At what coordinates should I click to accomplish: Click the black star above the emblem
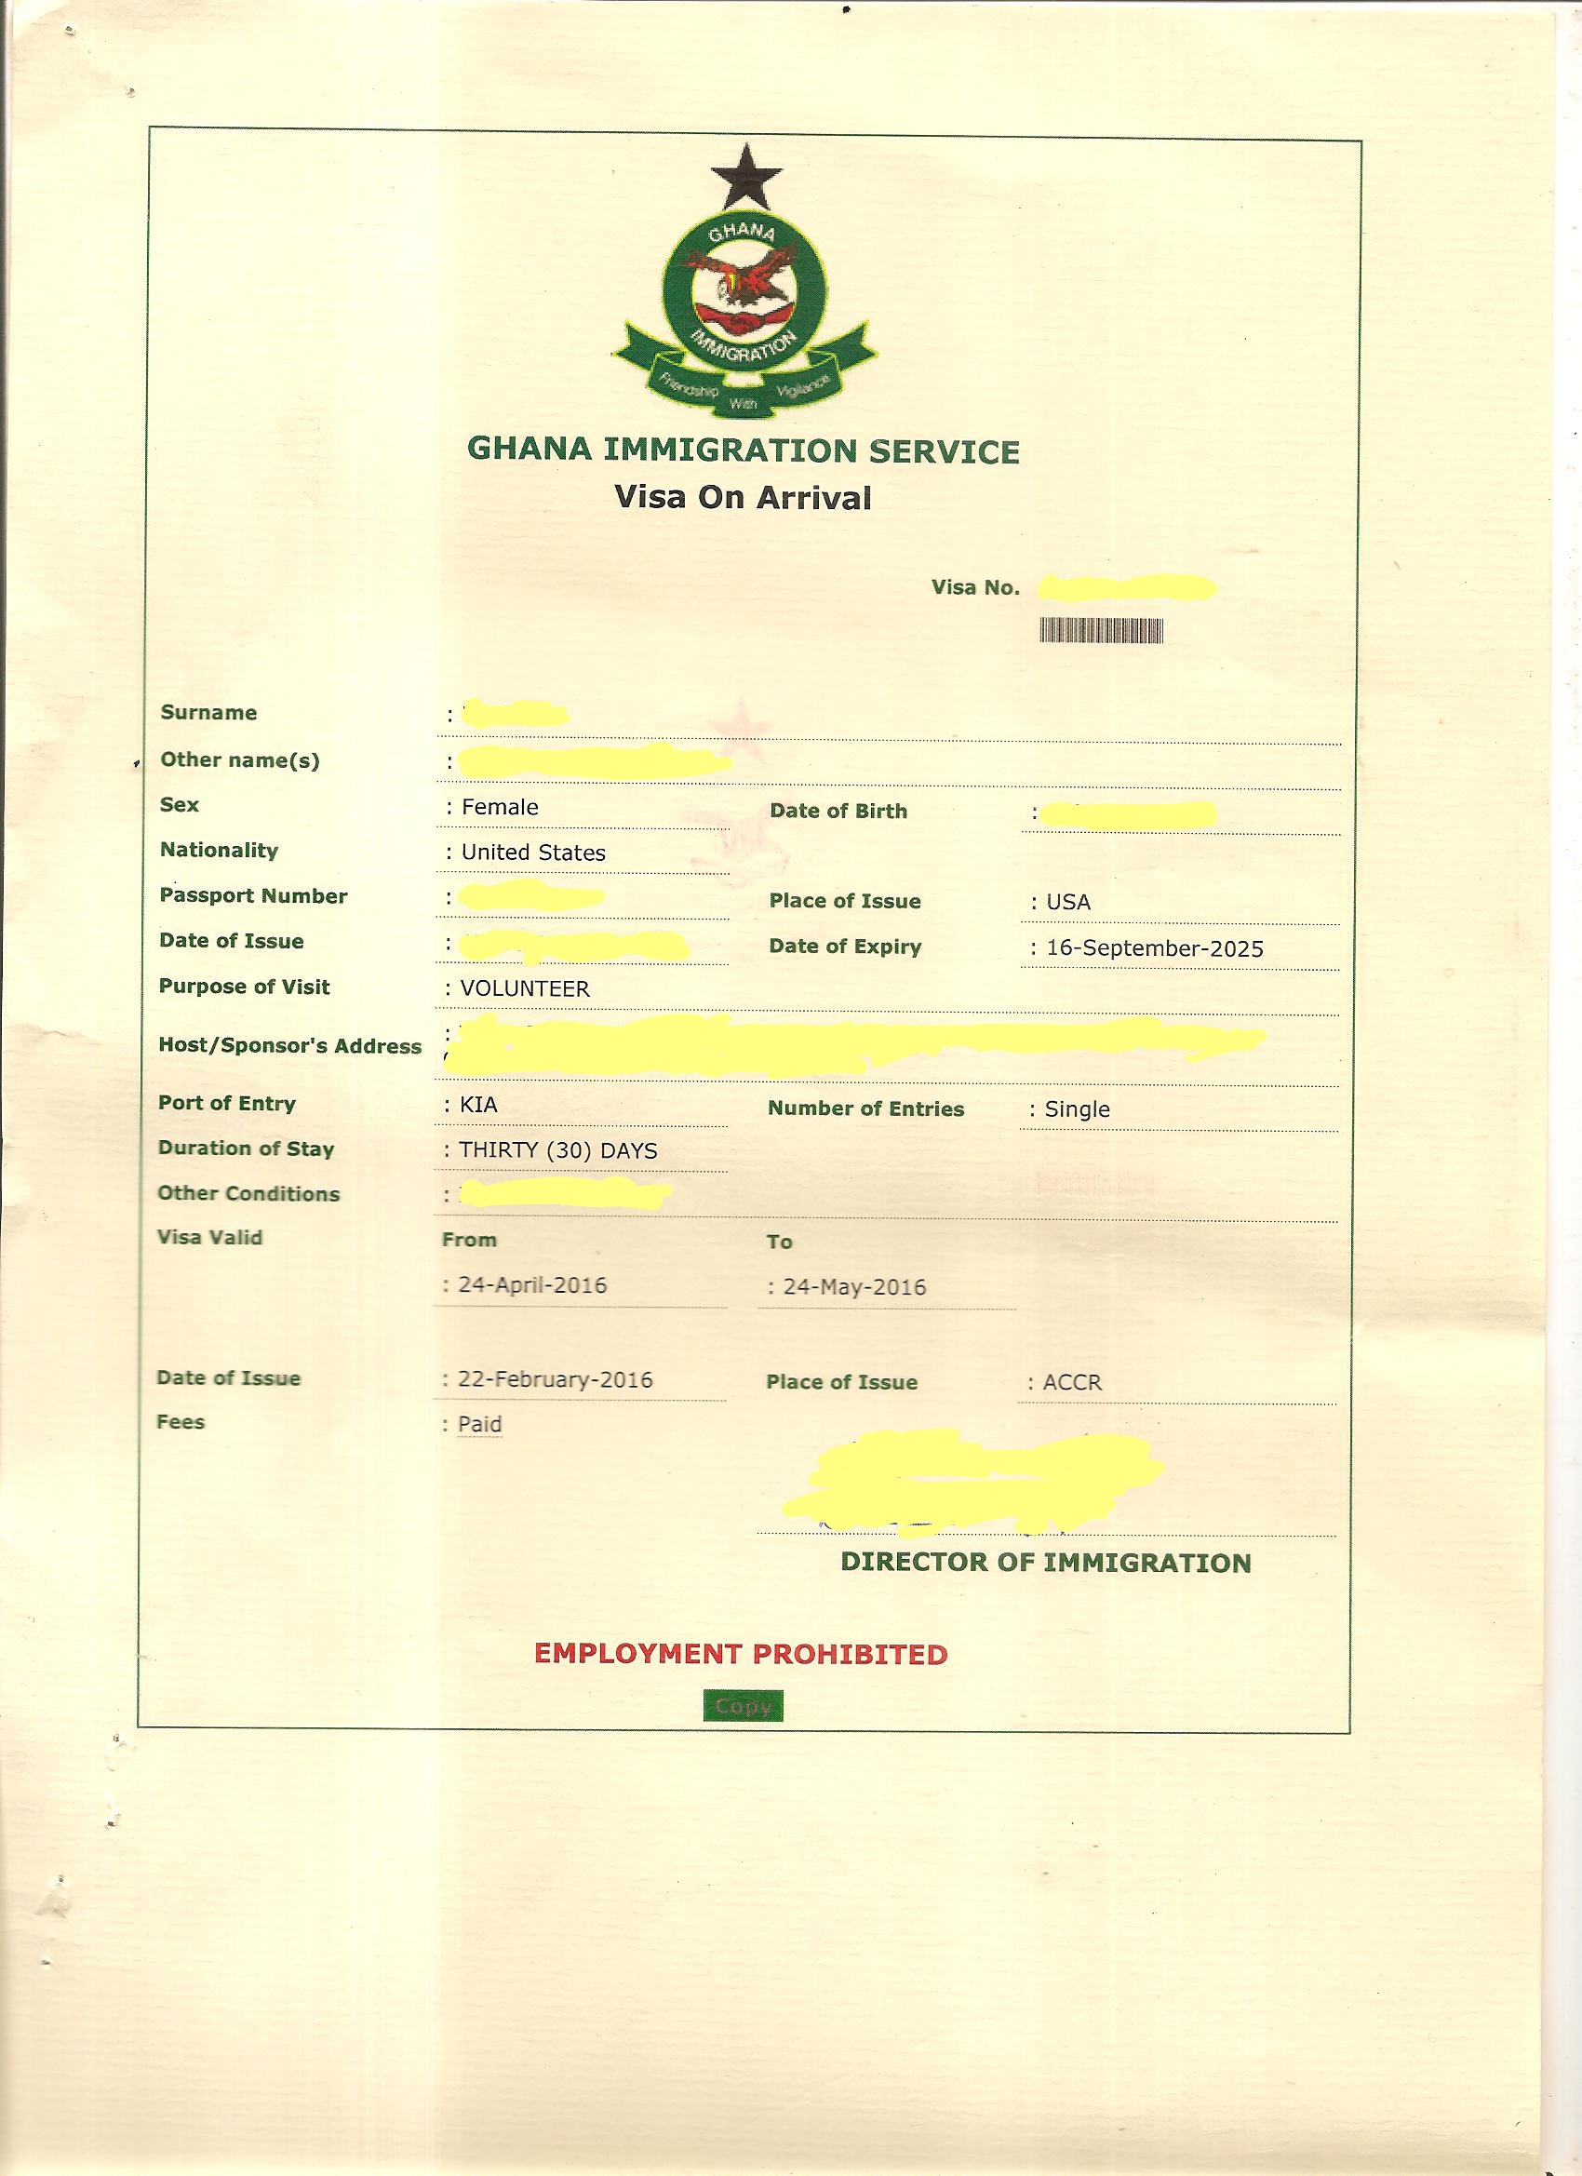click(x=745, y=179)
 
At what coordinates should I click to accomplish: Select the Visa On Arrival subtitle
click(x=743, y=498)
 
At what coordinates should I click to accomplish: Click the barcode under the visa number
click(x=1102, y=630)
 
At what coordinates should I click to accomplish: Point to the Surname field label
click(x=208, y=712)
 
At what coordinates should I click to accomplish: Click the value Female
click(x=499, y=807)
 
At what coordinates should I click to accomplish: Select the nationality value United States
click(x=532, y=852)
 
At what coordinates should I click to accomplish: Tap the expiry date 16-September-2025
click(x=1154, y=947)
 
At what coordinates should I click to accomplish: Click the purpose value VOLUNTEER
click(x=524, y=988)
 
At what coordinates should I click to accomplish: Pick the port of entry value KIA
click(x=477, y=1105)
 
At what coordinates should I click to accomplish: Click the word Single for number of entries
click(x=1077, y=1109)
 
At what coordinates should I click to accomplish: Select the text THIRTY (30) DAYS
click(x=557, y=1150)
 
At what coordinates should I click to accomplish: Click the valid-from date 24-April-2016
click(x=531, y=1284)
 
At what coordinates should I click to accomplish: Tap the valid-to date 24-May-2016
click(x=854, y=1286)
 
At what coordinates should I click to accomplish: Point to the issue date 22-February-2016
click(x=555, y=1379)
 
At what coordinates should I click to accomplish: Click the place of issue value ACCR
click(x=1072, y=1382)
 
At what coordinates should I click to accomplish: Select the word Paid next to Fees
click(x=479, y=1424)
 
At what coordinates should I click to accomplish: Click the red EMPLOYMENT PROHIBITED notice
click(x=741, y=1654)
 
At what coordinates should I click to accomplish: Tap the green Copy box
click(x=743, y=1706)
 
